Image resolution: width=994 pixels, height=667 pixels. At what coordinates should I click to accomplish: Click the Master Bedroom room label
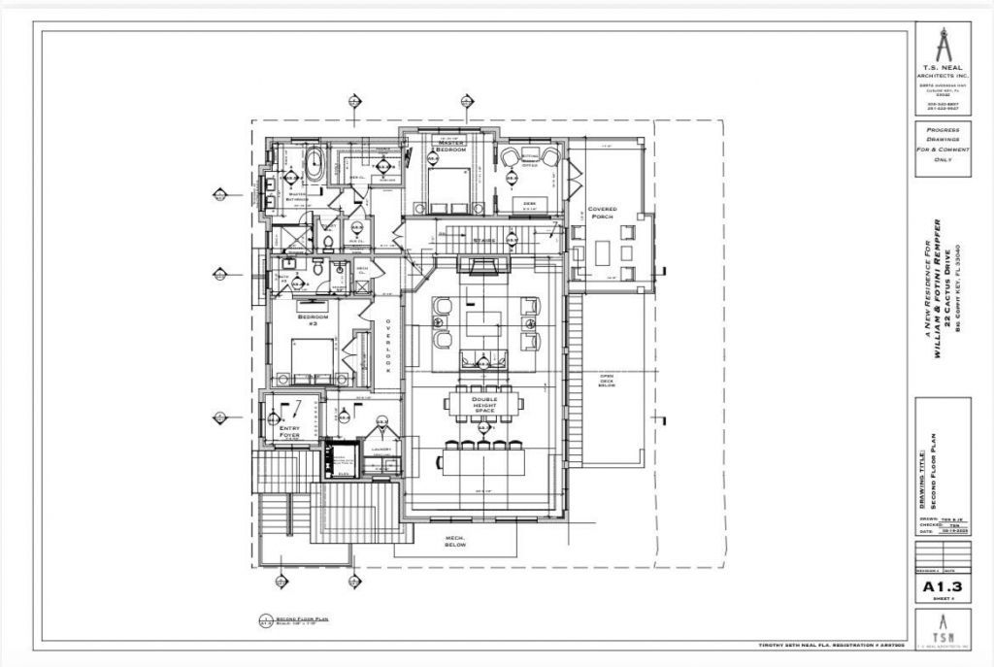point(450,147)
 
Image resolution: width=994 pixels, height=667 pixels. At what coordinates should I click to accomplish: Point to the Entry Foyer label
point(288,431)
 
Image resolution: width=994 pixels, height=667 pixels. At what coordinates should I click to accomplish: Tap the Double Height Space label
point(484,405)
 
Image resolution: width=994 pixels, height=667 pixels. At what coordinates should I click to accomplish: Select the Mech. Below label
point(456,541)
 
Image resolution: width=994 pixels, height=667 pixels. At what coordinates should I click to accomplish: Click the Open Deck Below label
point(608,381)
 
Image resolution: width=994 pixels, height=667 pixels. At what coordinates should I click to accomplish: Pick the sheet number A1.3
point(942,585)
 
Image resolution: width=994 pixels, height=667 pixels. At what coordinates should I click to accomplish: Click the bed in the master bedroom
point(447,190)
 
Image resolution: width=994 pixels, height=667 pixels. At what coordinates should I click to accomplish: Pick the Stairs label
point(485,241)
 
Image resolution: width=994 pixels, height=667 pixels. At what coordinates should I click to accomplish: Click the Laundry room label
point(381,450)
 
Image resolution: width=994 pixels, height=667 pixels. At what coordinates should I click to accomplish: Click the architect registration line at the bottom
point(831,644)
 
